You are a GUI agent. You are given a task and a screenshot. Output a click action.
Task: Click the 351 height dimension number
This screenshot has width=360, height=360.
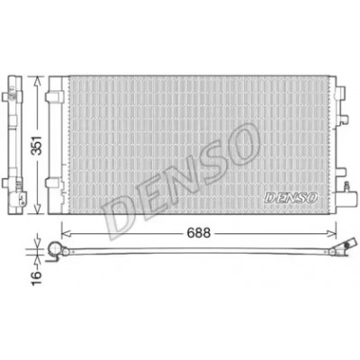[38, 145]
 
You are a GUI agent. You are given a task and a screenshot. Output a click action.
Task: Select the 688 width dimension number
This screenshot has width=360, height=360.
[198, 233]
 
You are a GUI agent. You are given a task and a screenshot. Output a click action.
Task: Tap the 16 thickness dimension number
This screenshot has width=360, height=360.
[37, 278]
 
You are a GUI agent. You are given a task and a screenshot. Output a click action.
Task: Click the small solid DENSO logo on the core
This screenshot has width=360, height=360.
[290, 197]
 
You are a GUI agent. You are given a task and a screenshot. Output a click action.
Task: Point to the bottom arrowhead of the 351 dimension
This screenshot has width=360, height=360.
[37, 210]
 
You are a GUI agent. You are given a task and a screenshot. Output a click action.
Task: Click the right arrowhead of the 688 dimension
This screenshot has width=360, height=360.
[332, 233]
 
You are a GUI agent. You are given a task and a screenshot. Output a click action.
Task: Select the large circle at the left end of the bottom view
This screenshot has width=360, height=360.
[55, 248]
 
